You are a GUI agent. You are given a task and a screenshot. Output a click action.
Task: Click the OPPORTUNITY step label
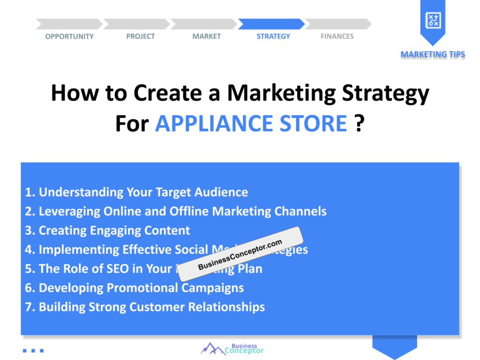coord(69,37)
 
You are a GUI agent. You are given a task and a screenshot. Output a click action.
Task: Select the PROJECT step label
coord(140,37)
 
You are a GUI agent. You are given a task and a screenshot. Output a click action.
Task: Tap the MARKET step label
coord(206,37)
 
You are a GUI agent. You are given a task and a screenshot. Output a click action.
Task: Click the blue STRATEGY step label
coord(273,37)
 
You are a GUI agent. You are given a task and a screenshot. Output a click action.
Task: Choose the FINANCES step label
coord(337,37)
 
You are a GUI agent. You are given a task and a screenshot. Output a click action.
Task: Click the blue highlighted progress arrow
coord(271,24)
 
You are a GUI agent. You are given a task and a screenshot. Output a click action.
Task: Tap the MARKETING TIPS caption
coord(433,54)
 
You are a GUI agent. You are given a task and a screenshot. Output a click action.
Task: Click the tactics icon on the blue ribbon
coord(432,20)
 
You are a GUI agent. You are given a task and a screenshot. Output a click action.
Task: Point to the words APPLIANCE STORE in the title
coord(251,124)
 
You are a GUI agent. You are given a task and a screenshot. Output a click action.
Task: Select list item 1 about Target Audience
coord(136,192)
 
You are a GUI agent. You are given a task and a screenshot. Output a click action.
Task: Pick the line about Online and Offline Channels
coord(176,211)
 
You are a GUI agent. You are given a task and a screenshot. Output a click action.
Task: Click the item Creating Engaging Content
coord(107,231)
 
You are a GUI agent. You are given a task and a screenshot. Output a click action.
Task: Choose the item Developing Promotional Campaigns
coord(134,288)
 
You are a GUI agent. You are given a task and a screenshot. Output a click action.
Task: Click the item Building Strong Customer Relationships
coord(145,307)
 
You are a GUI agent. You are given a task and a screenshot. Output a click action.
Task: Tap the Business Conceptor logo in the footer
coord(232,348)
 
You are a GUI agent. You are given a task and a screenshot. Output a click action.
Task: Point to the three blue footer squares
coord(33,350)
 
